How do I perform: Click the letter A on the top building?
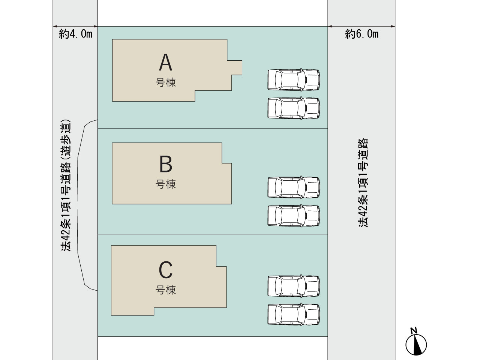point(165,62)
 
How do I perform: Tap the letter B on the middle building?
point(166,164)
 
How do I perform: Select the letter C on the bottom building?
point(165,270)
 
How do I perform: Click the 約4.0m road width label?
point(75,34)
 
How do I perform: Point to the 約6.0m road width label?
point(362,34)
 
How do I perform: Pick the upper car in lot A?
point(294,80)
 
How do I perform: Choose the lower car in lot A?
point(294,108)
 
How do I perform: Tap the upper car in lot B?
point(294,187)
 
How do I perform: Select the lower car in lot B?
point(294,216)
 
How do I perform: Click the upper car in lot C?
point(294,286)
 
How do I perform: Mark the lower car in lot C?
point(294,314)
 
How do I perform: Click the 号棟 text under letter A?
point(165,82)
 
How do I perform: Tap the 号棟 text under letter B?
point(165,184)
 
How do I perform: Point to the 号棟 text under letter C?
point(165,290)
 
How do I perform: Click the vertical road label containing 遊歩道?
point(66,185)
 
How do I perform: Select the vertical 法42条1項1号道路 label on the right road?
point(363,183)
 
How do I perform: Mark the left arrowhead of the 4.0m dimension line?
point(55,27)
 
